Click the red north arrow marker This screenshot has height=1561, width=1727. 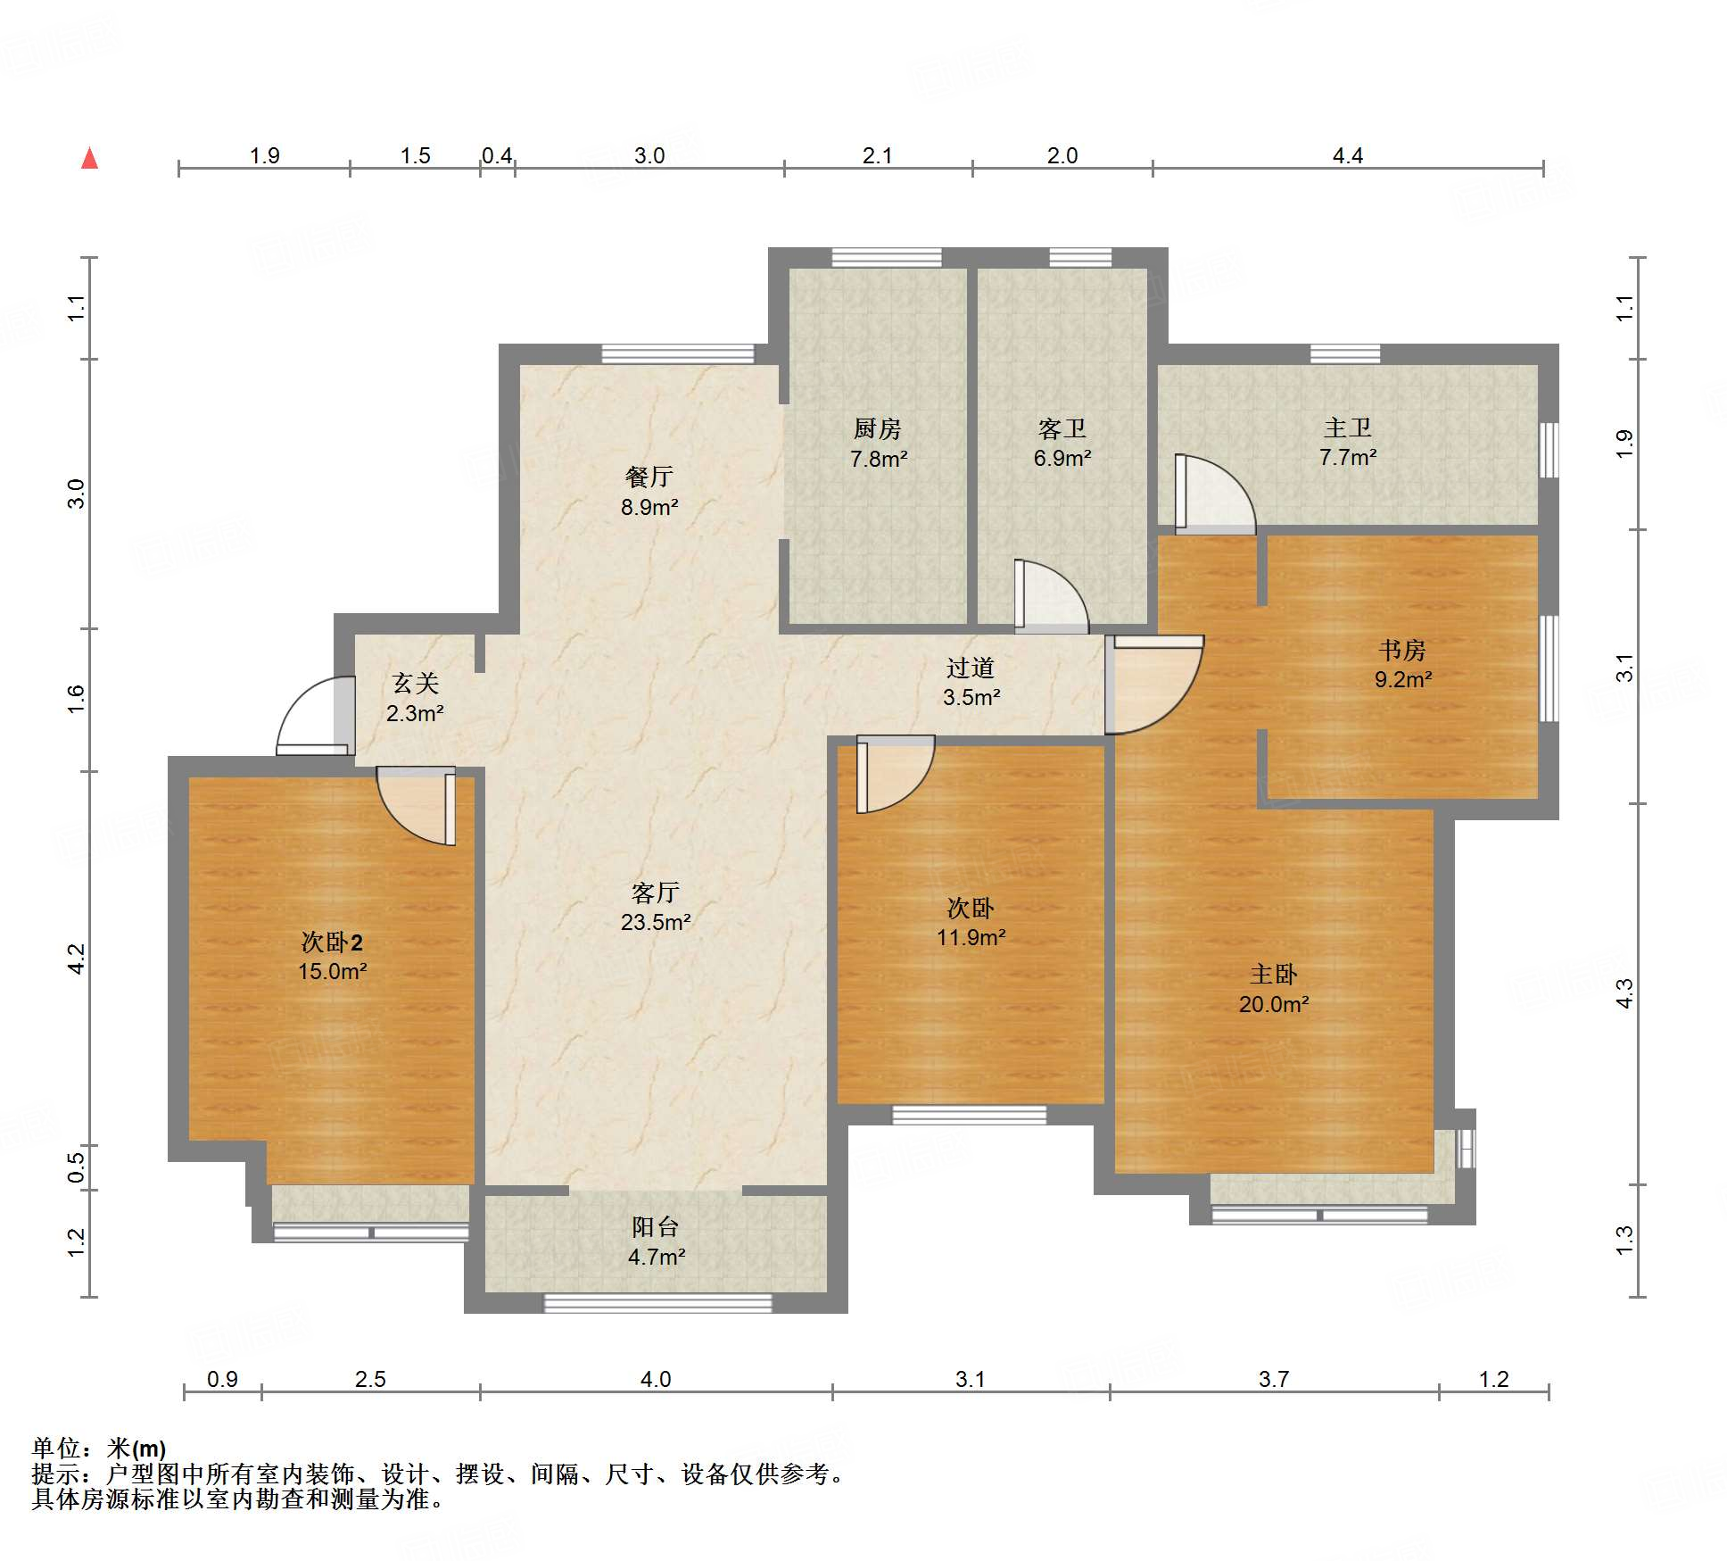tap(89, 158)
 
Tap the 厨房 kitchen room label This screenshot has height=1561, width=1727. tap(878, 429)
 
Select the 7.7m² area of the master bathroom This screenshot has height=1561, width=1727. tap(1347, 458)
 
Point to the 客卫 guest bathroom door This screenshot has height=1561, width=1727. tap(1051, 595)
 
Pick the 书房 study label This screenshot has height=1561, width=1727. tap(1402, 650)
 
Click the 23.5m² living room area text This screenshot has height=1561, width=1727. tap(656, 922)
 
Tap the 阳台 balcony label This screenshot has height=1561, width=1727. tap(656, 1227)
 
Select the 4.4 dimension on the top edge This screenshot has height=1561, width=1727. tap(1347, 155)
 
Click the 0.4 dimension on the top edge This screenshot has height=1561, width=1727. tap(497, 155)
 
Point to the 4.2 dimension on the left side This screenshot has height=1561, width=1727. tap(77, 958)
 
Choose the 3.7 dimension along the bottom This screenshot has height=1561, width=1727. tap(1274, 1379)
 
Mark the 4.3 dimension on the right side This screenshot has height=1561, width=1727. tap(1624, 993)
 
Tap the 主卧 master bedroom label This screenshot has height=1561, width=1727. tap(1274, 974)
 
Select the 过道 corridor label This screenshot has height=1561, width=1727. tap(971, 668)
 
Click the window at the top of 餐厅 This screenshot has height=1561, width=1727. tap(678, 353)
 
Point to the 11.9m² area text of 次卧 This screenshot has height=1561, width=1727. tap(971, 937)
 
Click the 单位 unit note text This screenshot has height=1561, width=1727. tap(99, 1448)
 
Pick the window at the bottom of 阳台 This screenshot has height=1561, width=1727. tap(658, 1303)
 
